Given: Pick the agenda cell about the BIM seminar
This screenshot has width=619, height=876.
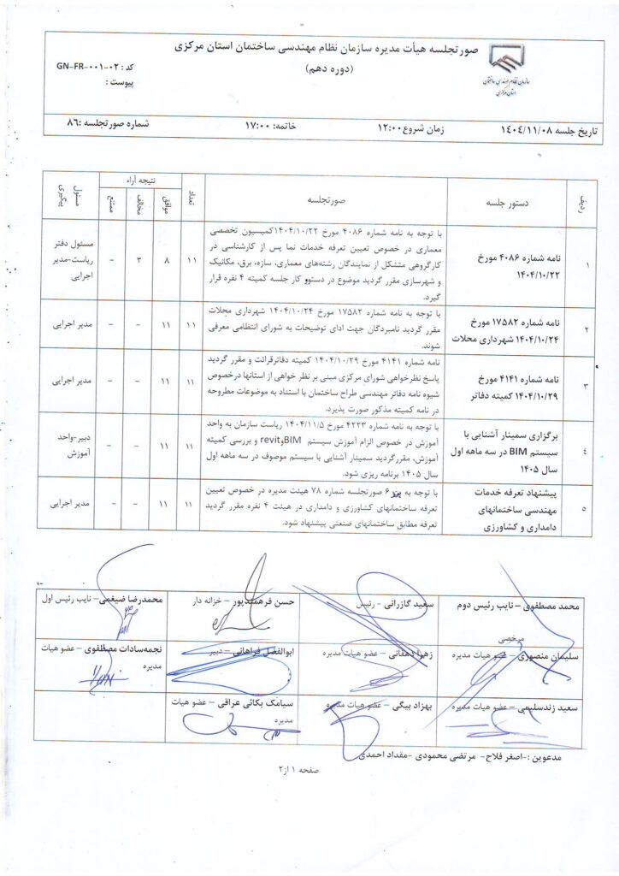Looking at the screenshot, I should coord(511,445).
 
